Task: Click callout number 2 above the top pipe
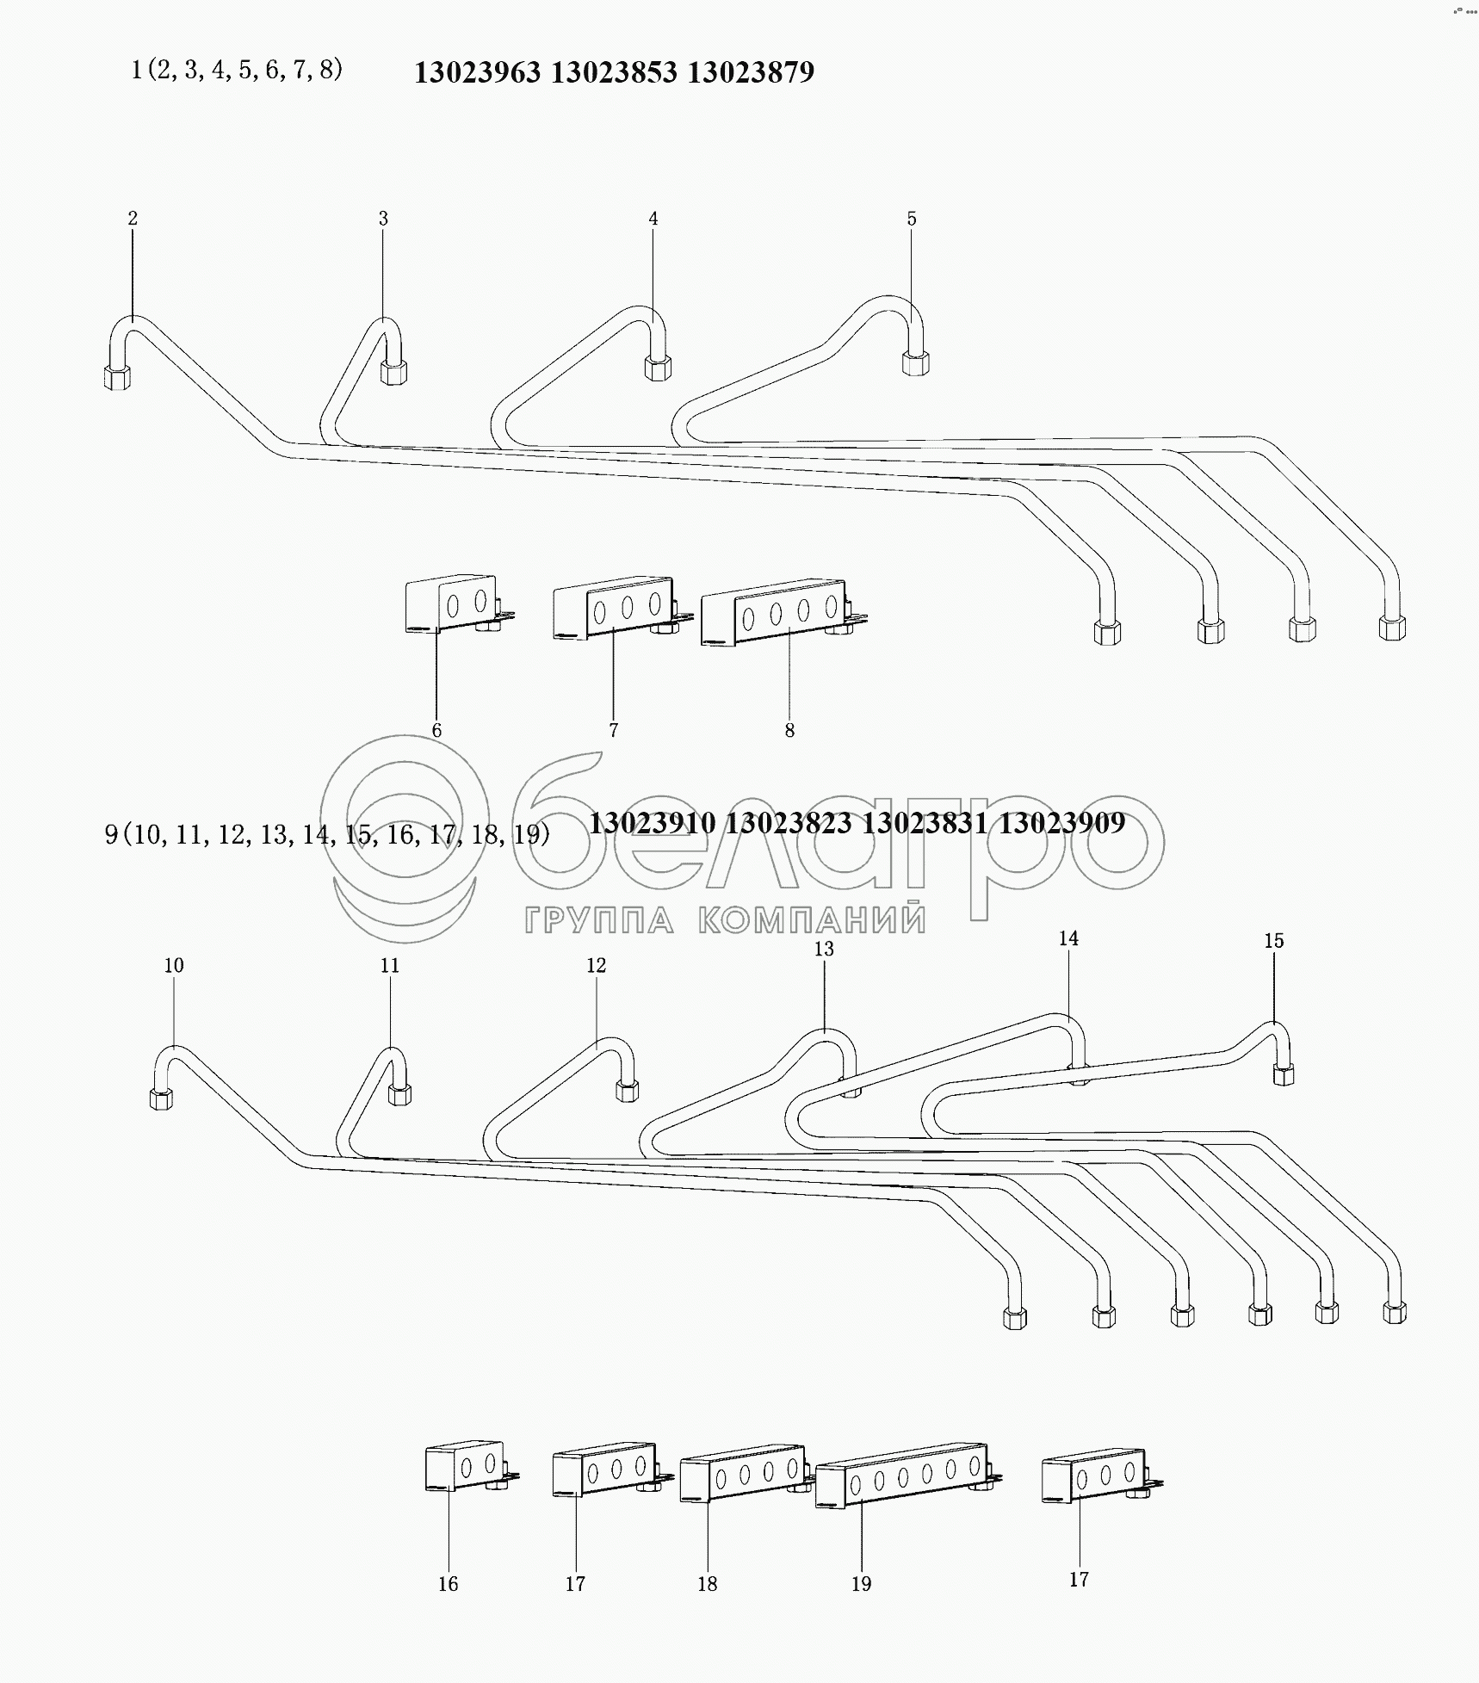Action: (133, 219)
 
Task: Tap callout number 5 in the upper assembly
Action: (912, 219)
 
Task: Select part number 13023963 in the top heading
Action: (478, 72)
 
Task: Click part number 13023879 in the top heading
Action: (751, 72)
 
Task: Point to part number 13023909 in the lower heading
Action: (1062, 824)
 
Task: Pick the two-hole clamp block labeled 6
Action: (453, 603)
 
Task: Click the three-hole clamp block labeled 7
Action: (613, 607)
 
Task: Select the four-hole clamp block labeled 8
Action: (775, 612)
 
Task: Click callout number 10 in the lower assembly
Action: (174, 966)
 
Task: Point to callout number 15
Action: (1274, 941)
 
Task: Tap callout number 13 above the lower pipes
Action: (824, 949)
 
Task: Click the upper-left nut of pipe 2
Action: (117, 377)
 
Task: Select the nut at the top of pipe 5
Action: (916, 362)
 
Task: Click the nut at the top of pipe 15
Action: (1283, 1074)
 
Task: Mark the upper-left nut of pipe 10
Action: (161, 1098)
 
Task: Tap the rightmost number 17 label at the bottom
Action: (1079, 1580)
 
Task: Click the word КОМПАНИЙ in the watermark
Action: (811, 920)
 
